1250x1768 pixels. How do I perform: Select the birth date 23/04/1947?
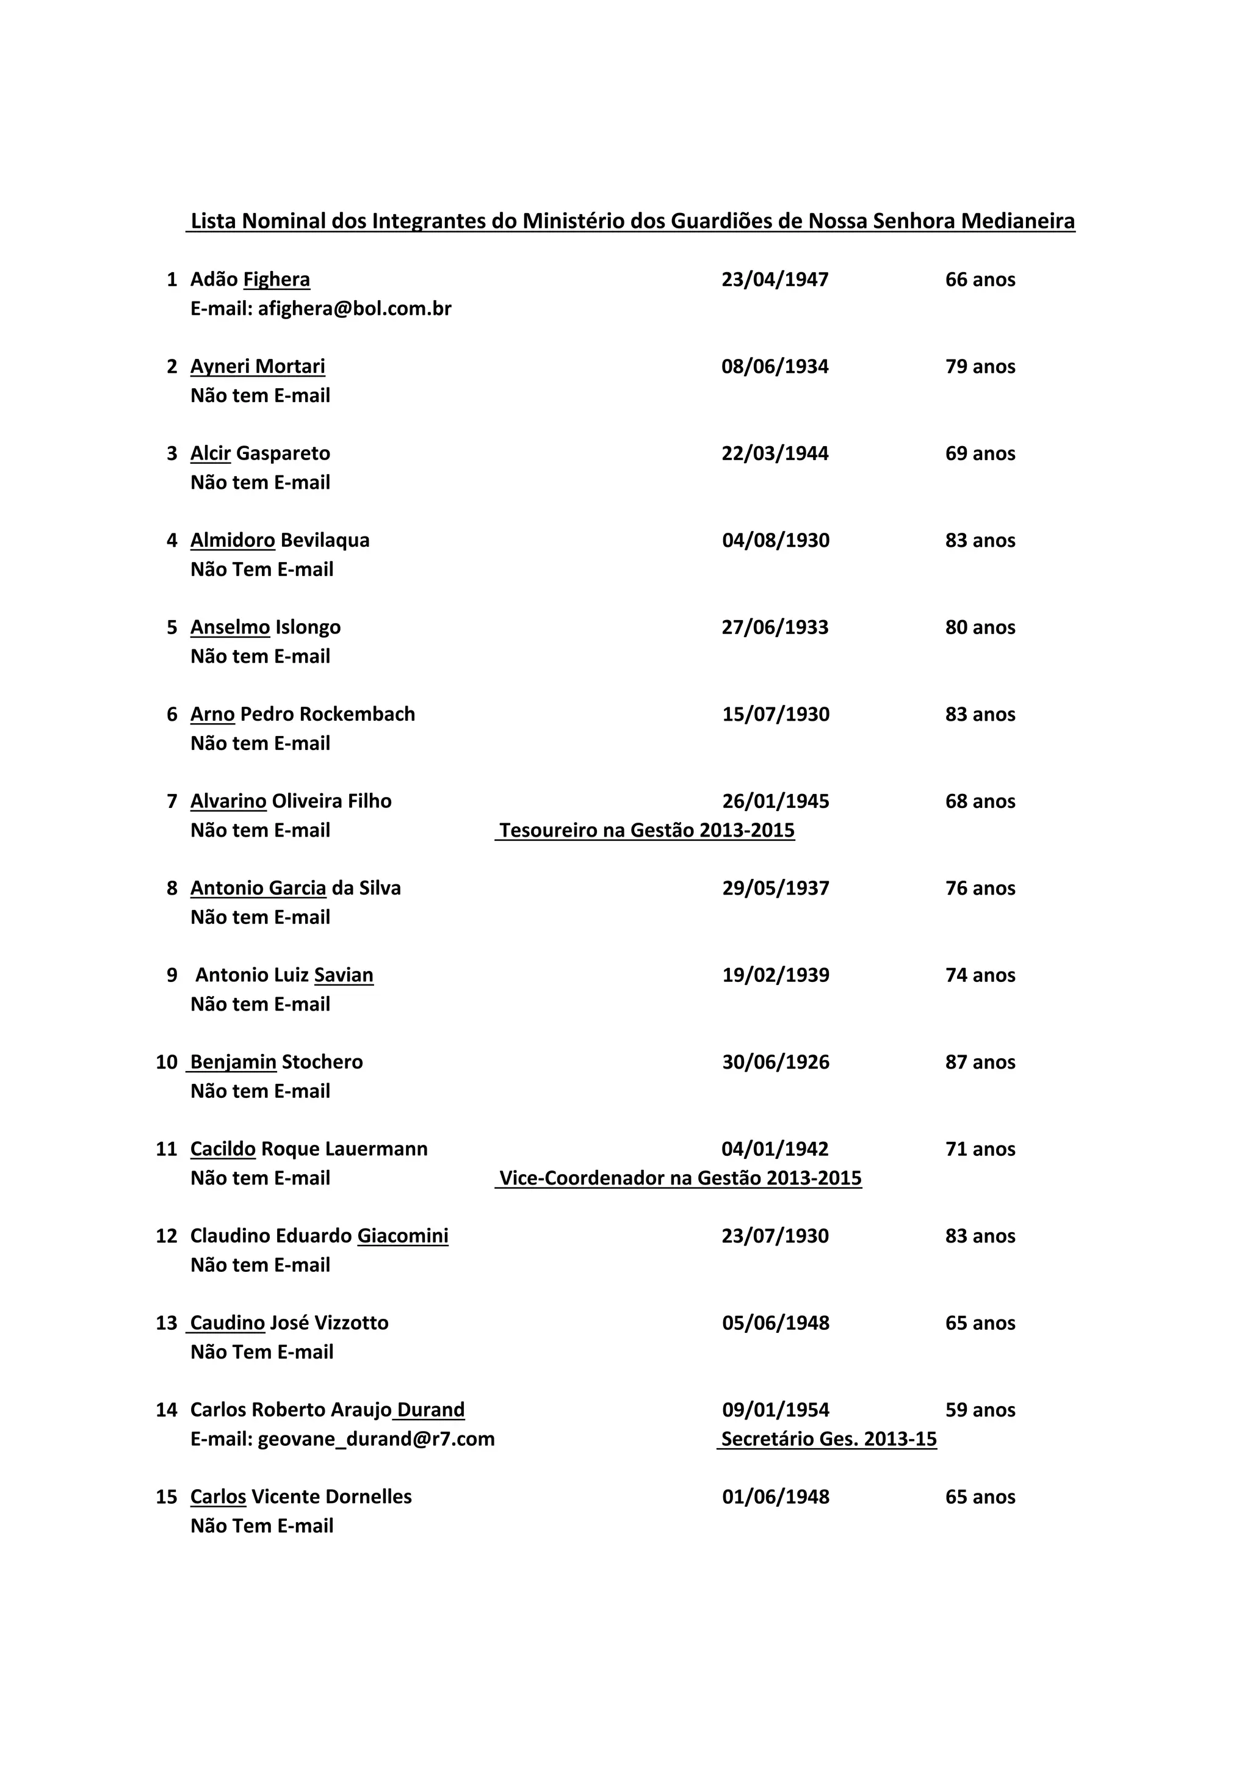[775, 280]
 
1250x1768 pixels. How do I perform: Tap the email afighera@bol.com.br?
[354, 309]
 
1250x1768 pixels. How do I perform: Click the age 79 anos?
[980, 367]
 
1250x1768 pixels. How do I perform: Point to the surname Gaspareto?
[283, 453]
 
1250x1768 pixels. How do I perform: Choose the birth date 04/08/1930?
[776, 541]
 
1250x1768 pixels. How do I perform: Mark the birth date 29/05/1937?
[776, 889]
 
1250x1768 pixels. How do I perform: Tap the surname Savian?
[344, 976]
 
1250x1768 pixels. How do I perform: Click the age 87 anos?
[980, 1063]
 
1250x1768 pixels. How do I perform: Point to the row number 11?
[167, 1150]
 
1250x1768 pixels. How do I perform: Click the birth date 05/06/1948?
[776, 1324]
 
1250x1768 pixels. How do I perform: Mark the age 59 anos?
[980, 1411]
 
